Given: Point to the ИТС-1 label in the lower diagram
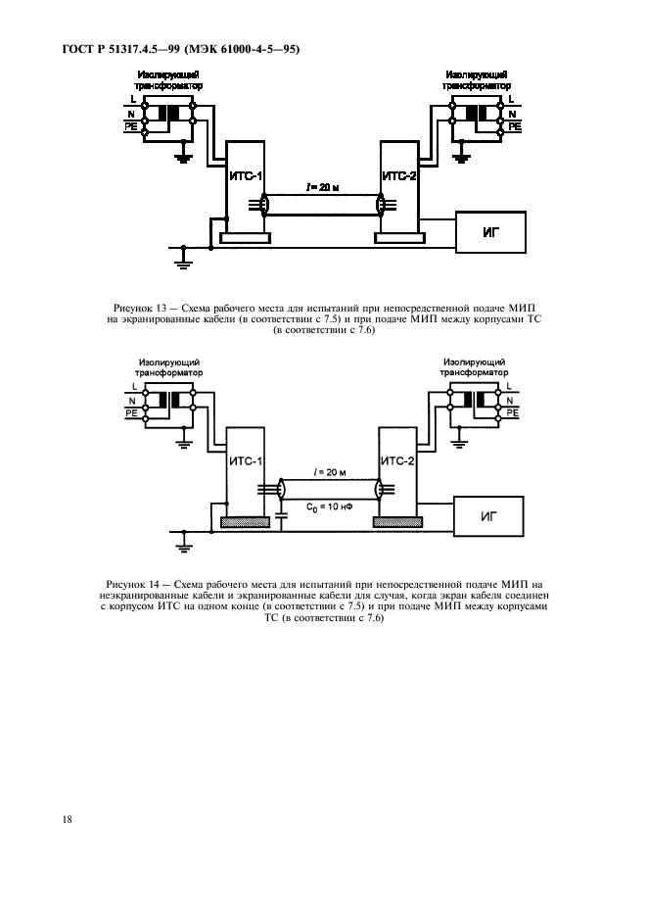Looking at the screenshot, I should (x=245, y=460).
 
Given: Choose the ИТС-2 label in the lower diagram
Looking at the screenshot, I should (x=397, y=460).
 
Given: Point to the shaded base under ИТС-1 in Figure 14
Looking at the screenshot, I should (x=244, y=521).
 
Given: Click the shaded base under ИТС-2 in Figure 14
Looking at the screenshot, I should (x=398, y=521).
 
